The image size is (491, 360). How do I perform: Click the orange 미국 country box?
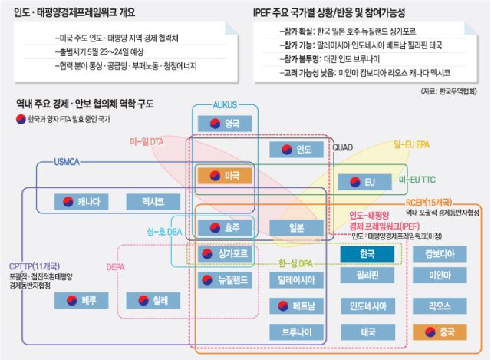[x=225, y=176]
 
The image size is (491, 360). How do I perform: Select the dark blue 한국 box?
[x=367, y=253]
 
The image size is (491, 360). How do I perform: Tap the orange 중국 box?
[x=440, y=332]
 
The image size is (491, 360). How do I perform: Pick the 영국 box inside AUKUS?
[x=225, y=124]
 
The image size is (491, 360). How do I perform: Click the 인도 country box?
[x=296, y=150]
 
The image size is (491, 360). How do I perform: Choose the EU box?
[x=364, y=182]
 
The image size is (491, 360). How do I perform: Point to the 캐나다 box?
[x=81, y=202]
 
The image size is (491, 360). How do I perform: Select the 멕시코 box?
[x=153, y=202]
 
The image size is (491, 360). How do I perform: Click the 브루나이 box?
[x=296, y=332]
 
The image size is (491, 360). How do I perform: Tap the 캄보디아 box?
[x=440, y=253]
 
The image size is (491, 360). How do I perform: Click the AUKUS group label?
[x=225, y=105]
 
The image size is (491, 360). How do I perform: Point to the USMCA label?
[x=67, y=162]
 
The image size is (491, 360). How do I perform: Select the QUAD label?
[x=343, y=147]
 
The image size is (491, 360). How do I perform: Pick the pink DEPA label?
[x=116, y=267]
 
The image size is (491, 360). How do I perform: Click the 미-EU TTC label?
[x=417, y=180]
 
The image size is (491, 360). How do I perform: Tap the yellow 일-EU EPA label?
[x=411, y=144]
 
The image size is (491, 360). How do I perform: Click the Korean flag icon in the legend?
[x=21, y=120]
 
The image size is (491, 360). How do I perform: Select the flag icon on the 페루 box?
[x=71, y=300]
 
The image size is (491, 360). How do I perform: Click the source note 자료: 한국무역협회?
[x=449, y=91]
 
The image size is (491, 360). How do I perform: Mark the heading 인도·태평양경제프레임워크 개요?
[x=74, y=12]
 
